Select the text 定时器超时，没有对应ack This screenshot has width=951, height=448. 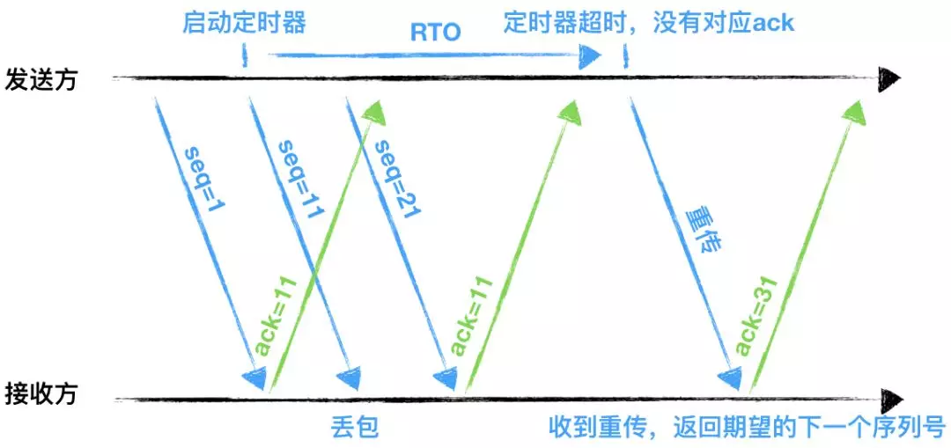649,21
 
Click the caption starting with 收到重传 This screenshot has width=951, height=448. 748,429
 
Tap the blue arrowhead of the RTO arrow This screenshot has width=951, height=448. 590,57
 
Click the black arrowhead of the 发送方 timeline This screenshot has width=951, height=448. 890,79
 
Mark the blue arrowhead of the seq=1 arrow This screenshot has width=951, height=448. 254,378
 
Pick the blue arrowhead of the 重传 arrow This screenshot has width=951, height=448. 730,378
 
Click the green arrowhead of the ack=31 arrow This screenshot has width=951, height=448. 855,108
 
